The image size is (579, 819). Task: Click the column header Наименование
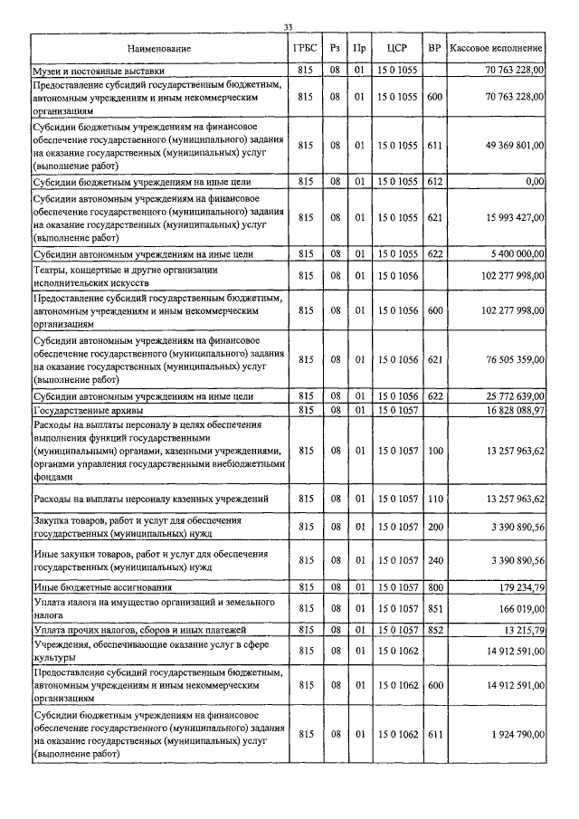(160, 47)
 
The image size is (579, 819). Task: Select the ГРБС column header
(305, 47)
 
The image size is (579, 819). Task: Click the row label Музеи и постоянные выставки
(105, 70)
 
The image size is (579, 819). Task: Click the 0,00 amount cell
(535, 182)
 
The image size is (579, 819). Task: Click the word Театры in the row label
(50, 269)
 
